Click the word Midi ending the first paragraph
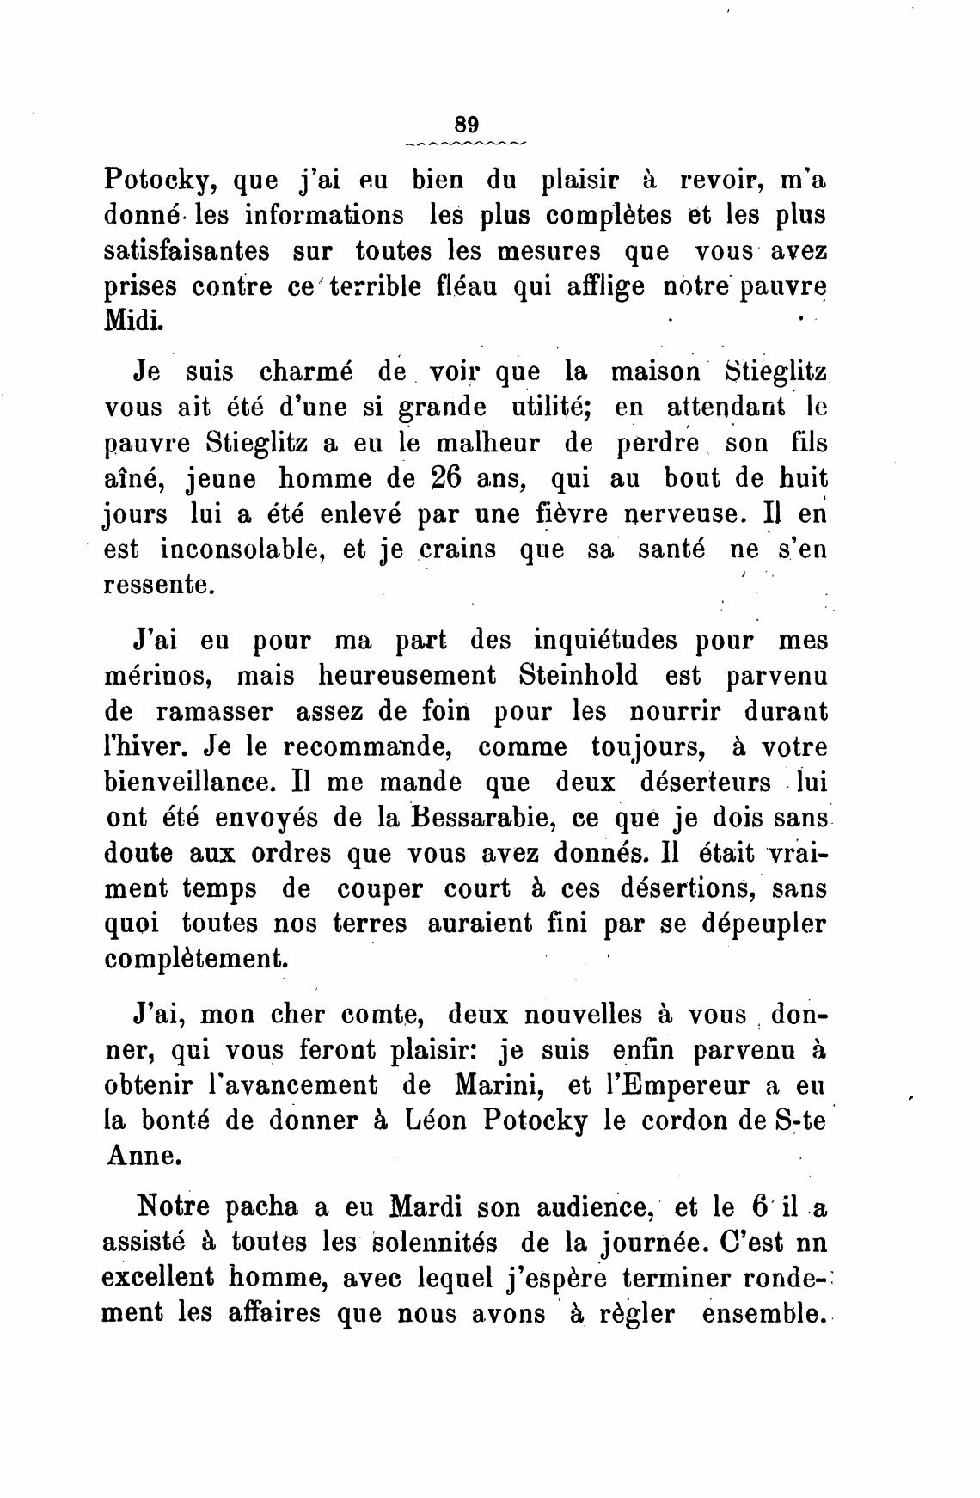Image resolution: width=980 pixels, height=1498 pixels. [x=132, y=322]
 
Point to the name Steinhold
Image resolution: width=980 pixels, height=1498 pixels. [x=579, y=676]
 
